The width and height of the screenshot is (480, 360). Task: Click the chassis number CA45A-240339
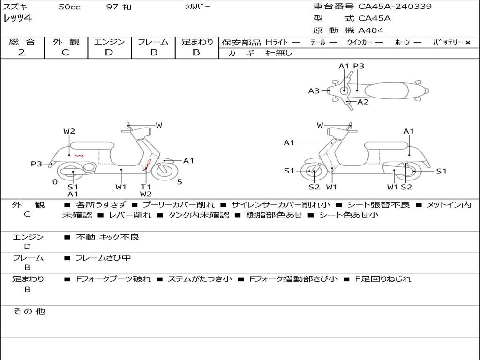395,7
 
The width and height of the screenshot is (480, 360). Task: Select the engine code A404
371,30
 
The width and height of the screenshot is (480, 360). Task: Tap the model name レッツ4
17,18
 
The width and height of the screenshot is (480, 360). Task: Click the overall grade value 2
22,52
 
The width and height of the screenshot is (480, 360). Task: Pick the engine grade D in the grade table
109,52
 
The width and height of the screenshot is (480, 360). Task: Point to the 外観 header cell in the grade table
66,42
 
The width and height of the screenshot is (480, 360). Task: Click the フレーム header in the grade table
153,42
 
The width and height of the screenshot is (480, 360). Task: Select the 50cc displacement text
69,7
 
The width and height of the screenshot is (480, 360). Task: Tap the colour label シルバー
197,7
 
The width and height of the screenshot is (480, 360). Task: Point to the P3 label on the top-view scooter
359,66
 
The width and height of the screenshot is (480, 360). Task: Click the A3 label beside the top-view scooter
314,91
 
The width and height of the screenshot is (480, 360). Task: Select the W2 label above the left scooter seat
69,131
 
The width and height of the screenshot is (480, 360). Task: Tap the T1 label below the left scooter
146,187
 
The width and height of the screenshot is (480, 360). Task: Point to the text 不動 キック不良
107,237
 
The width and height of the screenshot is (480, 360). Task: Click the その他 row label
29,311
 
